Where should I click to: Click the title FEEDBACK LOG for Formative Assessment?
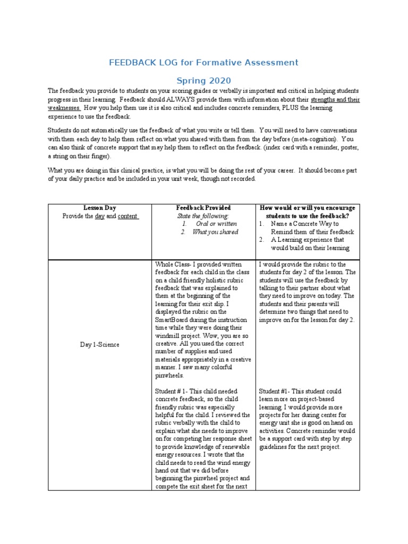pyautogui.click(x=203, y=63)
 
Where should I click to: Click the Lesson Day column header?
pyautogui.click(x=99, y=208)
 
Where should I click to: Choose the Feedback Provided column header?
pyautogui.click(x=203, y=208)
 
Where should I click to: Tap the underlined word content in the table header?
pyautogui.click(x=127, y=216)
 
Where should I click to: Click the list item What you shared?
pyautogui.click(x=215, y=232)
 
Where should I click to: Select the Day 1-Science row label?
pyautogui.click(x=100, y=345)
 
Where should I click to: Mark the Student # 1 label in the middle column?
pyautogui.click(x=172, y=392)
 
